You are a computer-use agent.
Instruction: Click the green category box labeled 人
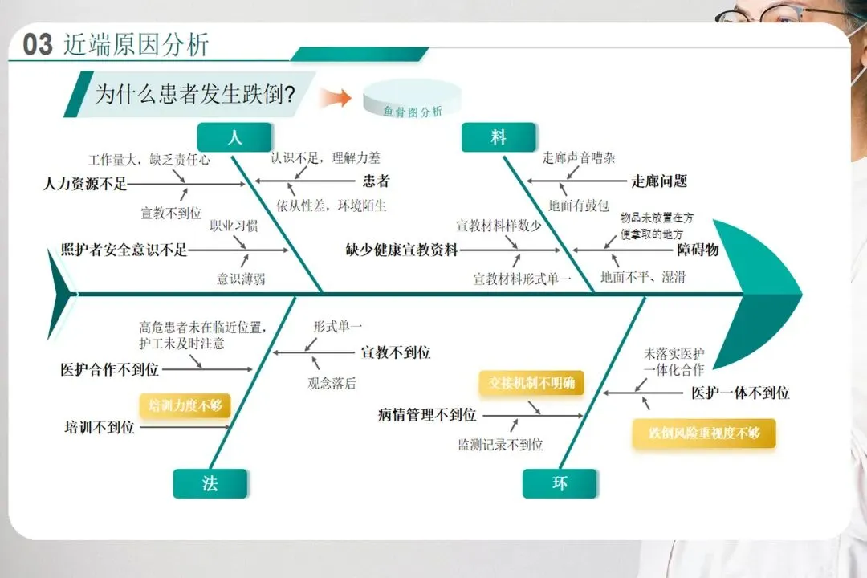[234, 137]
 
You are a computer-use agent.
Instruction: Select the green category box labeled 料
[499, 137]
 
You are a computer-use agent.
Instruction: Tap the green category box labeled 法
[210, 483]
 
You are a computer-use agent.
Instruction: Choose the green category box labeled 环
[560, 483]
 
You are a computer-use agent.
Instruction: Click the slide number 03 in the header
[37, 44]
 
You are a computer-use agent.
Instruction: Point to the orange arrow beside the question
[336, 98]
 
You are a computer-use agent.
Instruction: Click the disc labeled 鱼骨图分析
[413, 100]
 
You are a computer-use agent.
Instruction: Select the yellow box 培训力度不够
[185, 405]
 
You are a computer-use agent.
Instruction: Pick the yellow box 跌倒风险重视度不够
[704, 433]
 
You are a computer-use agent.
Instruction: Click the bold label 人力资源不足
[85, 184]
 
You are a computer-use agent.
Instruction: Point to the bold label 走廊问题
[659, 181]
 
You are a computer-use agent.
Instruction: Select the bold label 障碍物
[698, 250]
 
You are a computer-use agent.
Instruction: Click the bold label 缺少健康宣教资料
[402, 250]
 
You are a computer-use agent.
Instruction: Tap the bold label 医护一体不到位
[740, 393]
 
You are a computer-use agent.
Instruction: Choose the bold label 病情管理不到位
[427, 415]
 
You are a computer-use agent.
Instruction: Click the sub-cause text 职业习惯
[234, 226]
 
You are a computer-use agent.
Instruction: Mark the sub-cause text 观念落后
[332, 383]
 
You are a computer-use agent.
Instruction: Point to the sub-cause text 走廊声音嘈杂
[579, 158]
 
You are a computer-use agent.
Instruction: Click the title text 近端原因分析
[136, 44]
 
